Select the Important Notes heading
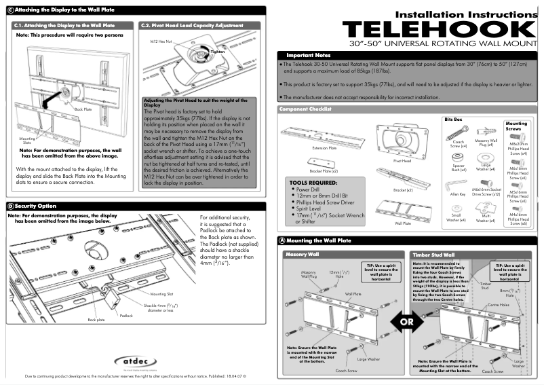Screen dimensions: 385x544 [309, 55]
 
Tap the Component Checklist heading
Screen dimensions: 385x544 [307, 109]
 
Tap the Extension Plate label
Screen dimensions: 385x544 [324, 146]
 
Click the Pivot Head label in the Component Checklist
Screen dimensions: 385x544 [402, 162]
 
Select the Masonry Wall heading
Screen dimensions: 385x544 [303, 255]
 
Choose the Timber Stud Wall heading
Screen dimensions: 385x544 [433, 255]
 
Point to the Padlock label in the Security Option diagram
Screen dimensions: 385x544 [127, 316]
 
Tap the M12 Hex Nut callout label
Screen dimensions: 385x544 [161, 41]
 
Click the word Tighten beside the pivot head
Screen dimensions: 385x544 [217, 52]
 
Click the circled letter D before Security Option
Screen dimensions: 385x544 [9, 206]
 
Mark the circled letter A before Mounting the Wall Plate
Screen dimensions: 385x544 [281, 241]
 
